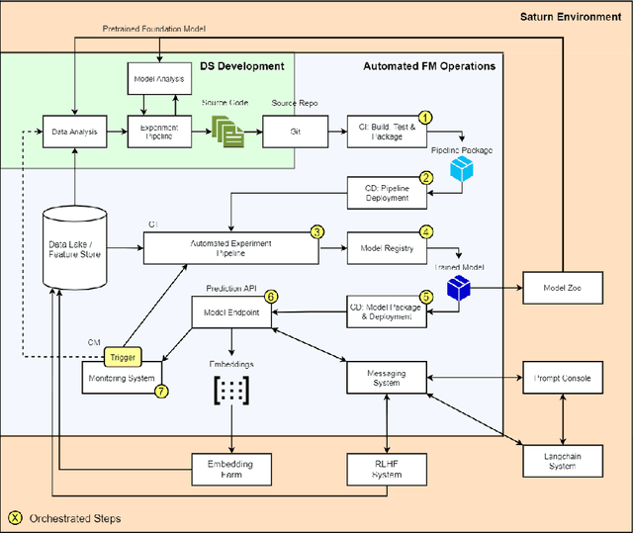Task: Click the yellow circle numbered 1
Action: (x=426, y=118)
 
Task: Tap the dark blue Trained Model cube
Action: (x=458, y=289)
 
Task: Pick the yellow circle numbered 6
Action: (x=271, y=296)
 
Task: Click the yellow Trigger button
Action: (x=125, y=357)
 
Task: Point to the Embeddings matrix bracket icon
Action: (x=230, y=390)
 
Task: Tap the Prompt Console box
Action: (x=563, y=377)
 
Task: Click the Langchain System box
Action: (x=563, y=461)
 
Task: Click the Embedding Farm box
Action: (x=230, y=469)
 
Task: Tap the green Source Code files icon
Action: (x=226, y=131)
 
